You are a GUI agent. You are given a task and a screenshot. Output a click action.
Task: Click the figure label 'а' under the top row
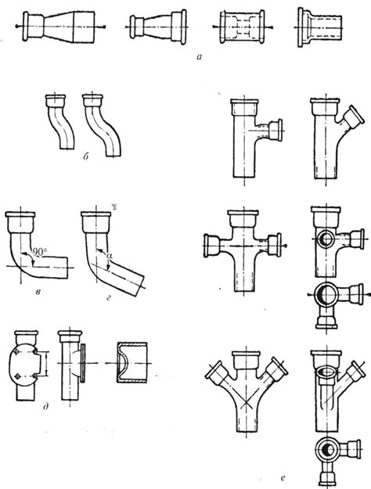pyautogui.click(x=200, y=57)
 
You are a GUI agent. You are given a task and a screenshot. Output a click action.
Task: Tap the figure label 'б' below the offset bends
pyautogui.click(x=86, y=156)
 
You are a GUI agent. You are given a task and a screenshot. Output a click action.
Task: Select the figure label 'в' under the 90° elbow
pyautogui.click(x=38, y=293)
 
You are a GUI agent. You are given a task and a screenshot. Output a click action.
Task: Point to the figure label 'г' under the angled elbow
pyautogui.click(x=109, y=298)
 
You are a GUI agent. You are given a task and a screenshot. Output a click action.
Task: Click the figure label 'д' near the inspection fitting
pyautogui.click(x=46, y=406)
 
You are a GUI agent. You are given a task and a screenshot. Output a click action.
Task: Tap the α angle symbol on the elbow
pyautogui.click(x=109, y=256)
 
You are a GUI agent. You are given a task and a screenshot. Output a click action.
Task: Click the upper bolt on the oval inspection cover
pyautogui.click(x=17, y=352)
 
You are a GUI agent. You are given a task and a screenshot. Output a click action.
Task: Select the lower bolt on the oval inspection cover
pyautogui.click(x=18, y=376)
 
